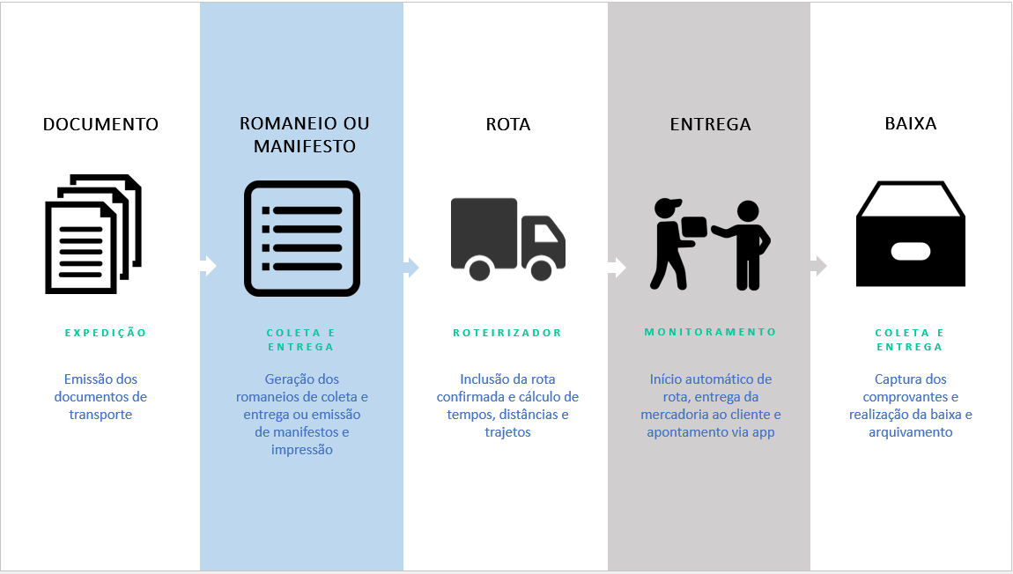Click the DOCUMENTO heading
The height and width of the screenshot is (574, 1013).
[100, 124]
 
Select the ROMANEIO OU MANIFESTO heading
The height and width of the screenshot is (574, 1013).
[304, 135]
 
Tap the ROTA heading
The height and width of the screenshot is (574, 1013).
[508, 124]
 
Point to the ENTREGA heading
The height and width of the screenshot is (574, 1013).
[710, 124]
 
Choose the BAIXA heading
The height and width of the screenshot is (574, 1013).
[911, 124]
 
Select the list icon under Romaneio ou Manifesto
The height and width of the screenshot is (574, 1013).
[302, 239]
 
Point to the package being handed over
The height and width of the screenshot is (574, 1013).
[694, 228]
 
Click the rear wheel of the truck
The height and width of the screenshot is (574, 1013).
[479, 269]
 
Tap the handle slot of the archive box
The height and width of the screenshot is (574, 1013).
[911, 251]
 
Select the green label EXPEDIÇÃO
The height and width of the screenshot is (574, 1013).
[106, 333]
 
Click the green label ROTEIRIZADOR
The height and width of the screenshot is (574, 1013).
[507, 333]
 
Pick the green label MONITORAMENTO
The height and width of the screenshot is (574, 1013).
[710, 332]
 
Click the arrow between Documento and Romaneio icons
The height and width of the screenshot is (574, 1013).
[208, 266]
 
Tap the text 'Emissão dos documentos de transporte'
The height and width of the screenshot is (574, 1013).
[100, 396]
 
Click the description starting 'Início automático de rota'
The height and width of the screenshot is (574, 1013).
[710, 405]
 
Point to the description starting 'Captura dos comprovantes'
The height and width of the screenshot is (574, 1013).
[911, 405]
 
